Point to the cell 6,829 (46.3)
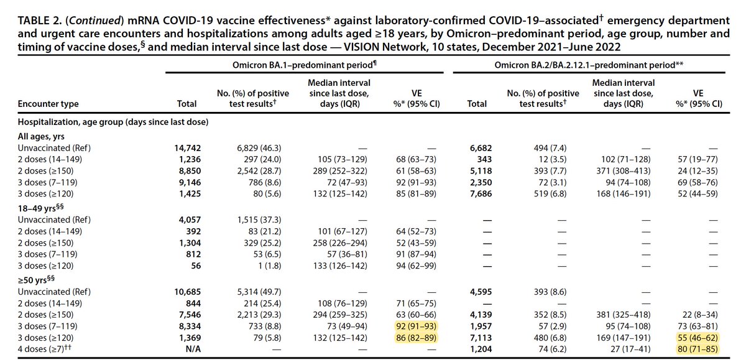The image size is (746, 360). tap(260, 147)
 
